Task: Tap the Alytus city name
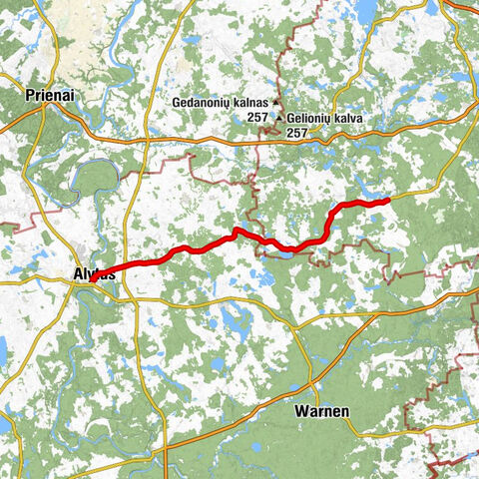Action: [96, 272]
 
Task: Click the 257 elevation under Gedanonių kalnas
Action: [259, 117]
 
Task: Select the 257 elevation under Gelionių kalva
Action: [296, 132]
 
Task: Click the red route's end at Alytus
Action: [92, 280]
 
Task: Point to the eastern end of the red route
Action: [386, 201]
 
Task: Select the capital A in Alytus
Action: [78, 272]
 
